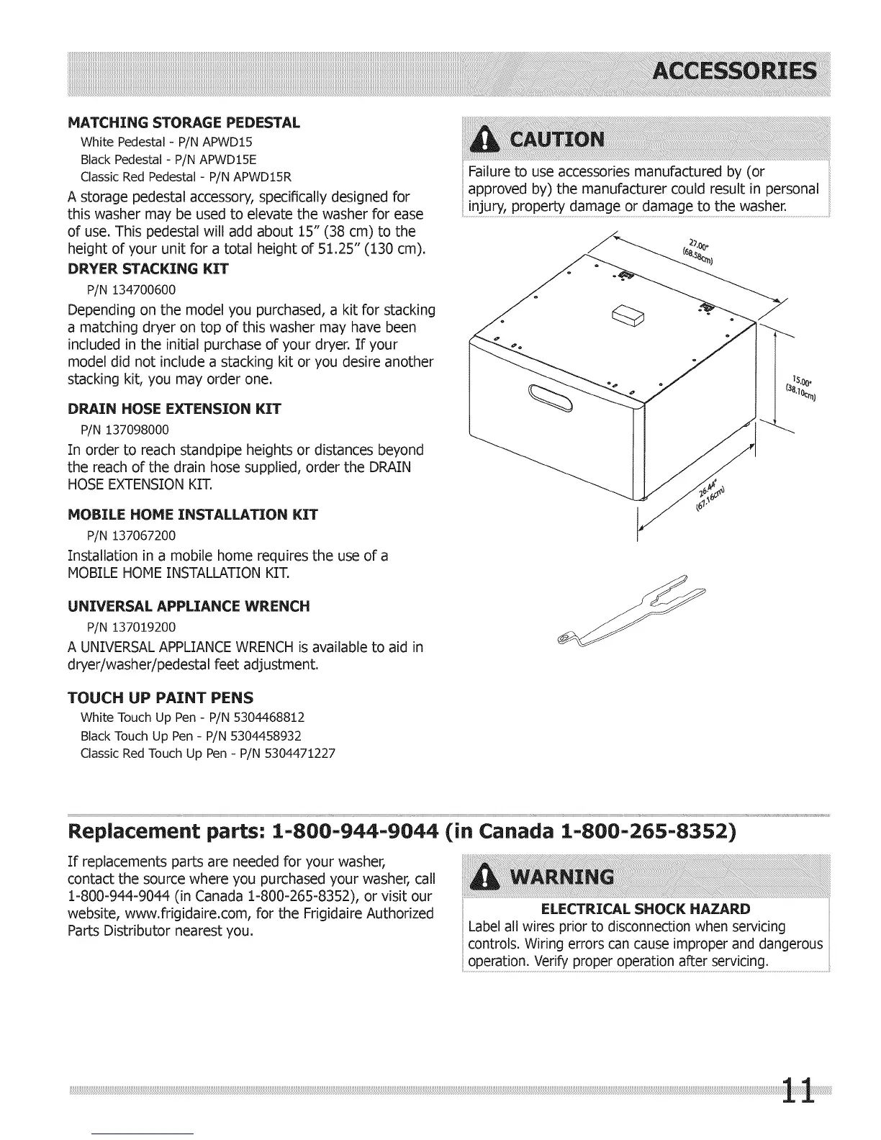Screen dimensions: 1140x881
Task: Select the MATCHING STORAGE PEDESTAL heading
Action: coord(184,122)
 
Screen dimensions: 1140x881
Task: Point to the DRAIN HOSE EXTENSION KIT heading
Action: coord(173,410)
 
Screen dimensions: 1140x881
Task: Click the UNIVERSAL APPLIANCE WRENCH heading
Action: coord(189,606)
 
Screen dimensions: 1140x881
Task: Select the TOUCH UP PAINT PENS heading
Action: coord(160,697)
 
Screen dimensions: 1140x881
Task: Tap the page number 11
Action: coord(799,1090)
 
